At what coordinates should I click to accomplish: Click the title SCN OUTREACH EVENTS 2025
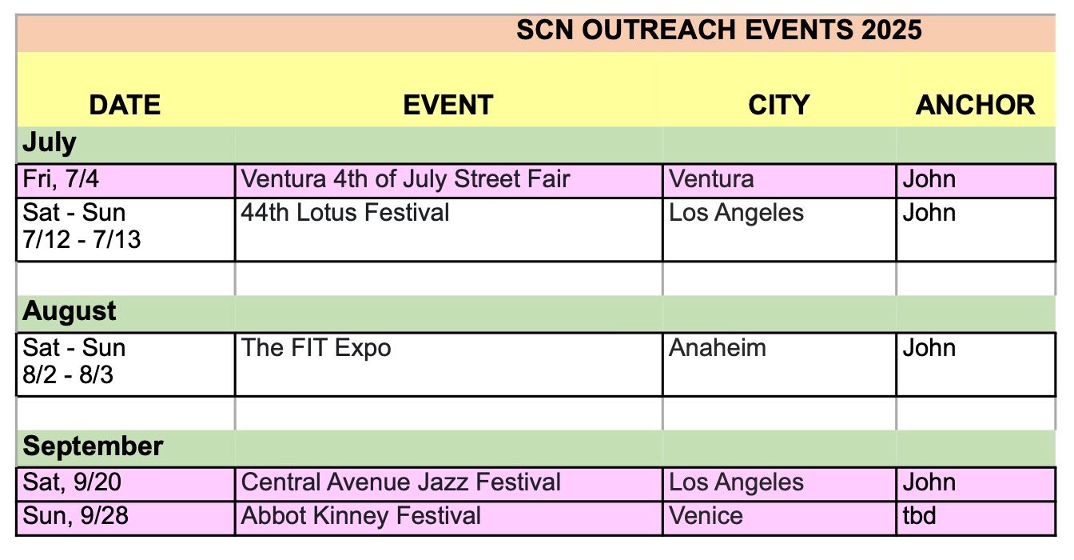pyautogui.click(x=718, y=30)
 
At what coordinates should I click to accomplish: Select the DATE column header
pyautogui.click(x=125, y=105)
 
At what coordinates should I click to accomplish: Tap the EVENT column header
pyautogui.click(x=447, y=105)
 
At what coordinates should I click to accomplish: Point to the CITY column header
pyautogui.click(x=778, y=105)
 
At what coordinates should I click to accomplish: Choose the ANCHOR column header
pyautogui.click(x=975, y=105)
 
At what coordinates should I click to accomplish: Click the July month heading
pyautogui.click(x=50, y=143)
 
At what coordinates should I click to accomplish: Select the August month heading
pyautogui.click(x=69, y=312)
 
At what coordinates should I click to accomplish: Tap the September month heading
pyautogui.click(x=93, y=446)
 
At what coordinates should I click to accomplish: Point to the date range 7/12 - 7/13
pyautogui.click(x=82, y=239)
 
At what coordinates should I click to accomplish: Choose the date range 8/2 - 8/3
pyautogui.click(x=68, y=374)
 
